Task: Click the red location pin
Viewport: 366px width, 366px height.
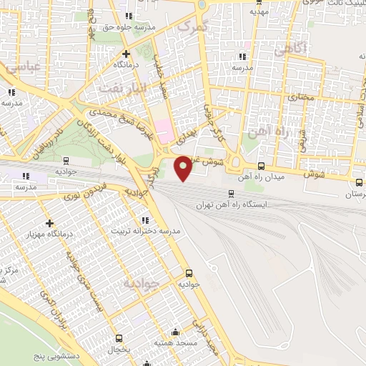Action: pos(183,168)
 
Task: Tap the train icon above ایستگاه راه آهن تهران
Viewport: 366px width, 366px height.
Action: pos(230,193)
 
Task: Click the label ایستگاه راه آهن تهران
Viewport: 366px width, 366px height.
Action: pos(235,204)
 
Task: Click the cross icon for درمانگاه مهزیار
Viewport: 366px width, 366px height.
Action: pos(49,224)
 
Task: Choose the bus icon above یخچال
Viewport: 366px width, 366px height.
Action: pos(120,339)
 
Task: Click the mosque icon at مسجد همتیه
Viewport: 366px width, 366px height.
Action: pos(176,332)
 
